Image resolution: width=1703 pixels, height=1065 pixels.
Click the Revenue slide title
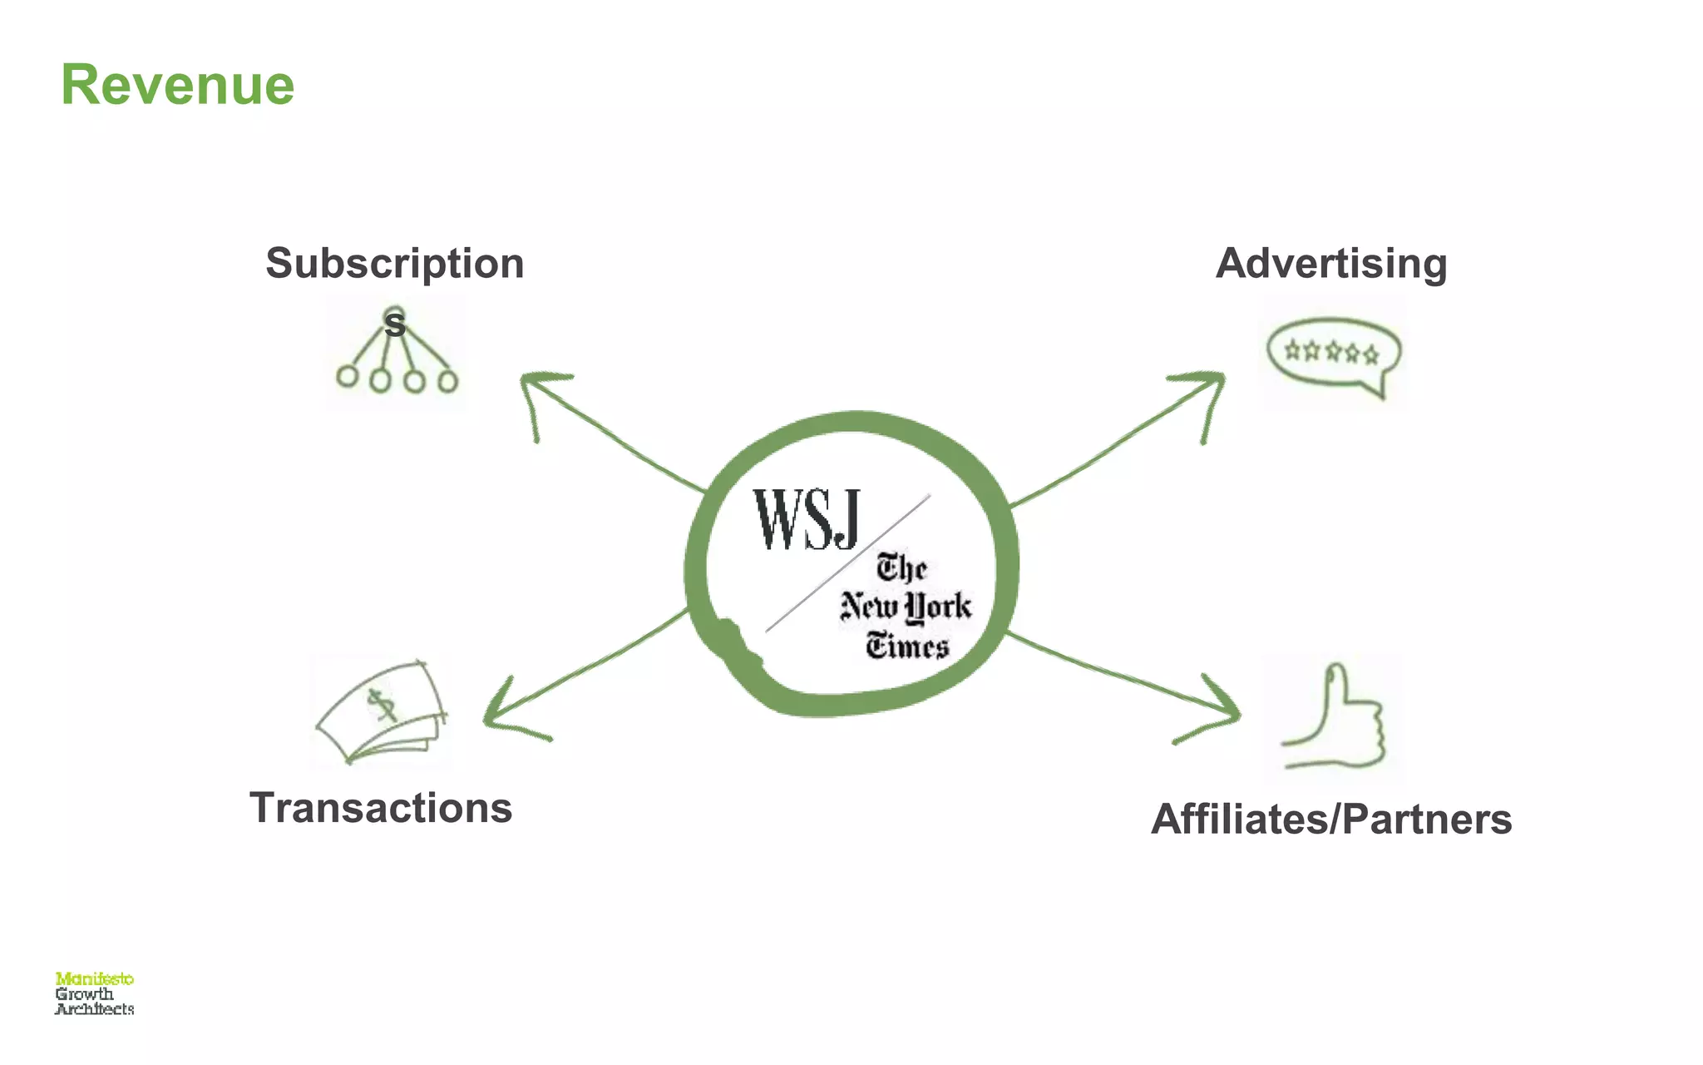pos(177,85)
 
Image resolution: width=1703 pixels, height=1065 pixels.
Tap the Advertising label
pos(1330,264)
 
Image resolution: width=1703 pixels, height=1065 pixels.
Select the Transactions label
pos(381,808)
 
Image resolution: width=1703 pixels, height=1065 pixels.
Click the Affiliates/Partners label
pos(1330,819)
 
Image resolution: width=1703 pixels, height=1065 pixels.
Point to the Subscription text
pos(395,264)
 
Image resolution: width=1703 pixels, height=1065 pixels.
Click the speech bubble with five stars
pos(1333,354)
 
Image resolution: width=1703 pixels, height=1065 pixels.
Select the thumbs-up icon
pos(1335,717)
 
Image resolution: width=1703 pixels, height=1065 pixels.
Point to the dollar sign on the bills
pos(382,706)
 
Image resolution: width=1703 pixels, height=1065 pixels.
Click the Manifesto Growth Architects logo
pos(94,993)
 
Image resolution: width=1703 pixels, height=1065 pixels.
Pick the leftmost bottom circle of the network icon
pos(347,376)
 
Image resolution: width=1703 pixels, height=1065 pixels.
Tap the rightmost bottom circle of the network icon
pos(447,381)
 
